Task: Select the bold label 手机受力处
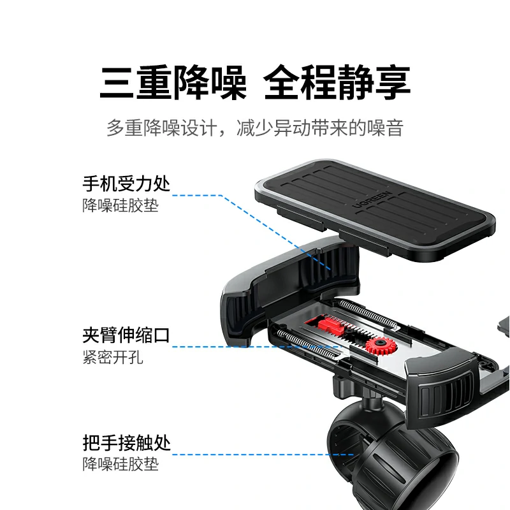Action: tap(126, 184)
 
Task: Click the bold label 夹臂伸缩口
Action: tap(126, 335)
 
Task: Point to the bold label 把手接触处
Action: tap(126, 442)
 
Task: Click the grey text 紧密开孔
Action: tap(113, 357)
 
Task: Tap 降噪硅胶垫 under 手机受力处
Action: tap(120, 206)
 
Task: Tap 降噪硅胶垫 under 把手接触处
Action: tap(120, 464)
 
